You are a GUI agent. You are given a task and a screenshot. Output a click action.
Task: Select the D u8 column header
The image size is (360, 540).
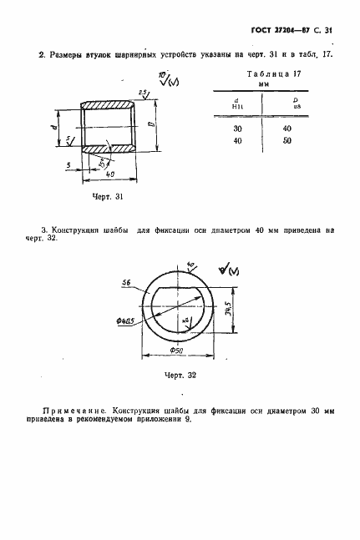287,104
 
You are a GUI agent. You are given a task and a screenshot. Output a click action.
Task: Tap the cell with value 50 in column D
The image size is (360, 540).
287,141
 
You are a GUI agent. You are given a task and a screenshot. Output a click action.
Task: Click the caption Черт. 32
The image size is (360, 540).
180,375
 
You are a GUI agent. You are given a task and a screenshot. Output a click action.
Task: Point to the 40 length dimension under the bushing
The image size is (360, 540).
109,174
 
